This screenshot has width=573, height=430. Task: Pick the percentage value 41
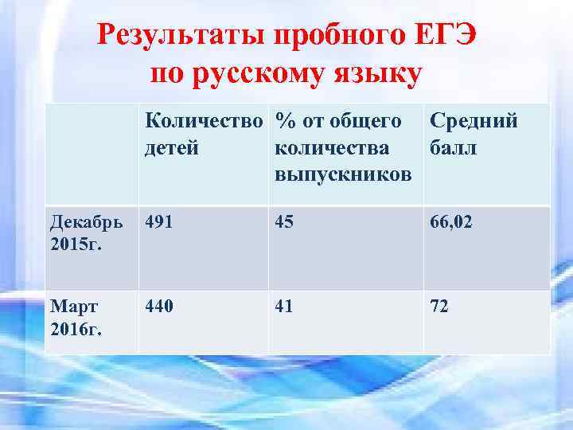[285, 306]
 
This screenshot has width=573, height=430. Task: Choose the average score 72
[440, 306]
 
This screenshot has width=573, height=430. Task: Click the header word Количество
[205, 121]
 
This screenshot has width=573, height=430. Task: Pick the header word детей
[171, 148]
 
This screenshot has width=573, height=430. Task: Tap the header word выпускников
[343, 174]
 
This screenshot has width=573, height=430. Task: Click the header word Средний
[474, 121]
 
